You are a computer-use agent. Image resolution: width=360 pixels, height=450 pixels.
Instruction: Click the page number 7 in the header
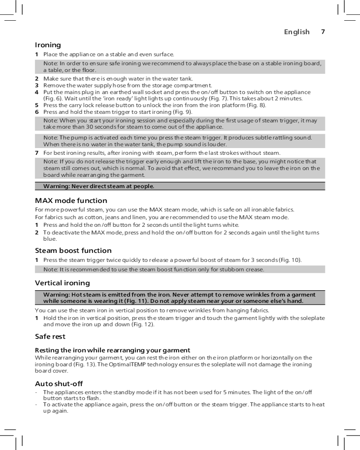(323, 32)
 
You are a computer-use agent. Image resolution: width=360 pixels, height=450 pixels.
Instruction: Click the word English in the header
(297, 32)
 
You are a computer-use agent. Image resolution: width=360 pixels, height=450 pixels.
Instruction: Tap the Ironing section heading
(48, 45)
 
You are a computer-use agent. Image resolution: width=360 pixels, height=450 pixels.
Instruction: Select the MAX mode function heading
(71, 200)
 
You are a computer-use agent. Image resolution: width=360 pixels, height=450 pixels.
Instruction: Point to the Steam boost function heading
(73, 250)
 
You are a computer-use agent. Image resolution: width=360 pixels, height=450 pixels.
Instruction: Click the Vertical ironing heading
(63, 283)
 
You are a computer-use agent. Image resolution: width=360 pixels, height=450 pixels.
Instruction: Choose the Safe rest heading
(50, 337)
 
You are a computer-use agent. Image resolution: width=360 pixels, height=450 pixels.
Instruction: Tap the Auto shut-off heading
(59, 383)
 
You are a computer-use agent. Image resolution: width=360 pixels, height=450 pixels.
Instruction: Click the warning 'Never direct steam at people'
(99, 186)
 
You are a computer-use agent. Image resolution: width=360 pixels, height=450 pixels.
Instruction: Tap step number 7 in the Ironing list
(37, 153)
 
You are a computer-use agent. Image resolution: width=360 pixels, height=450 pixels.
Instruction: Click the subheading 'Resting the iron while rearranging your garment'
(112, 351)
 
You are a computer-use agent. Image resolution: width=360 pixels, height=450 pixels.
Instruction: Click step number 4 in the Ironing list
(37, 92)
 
